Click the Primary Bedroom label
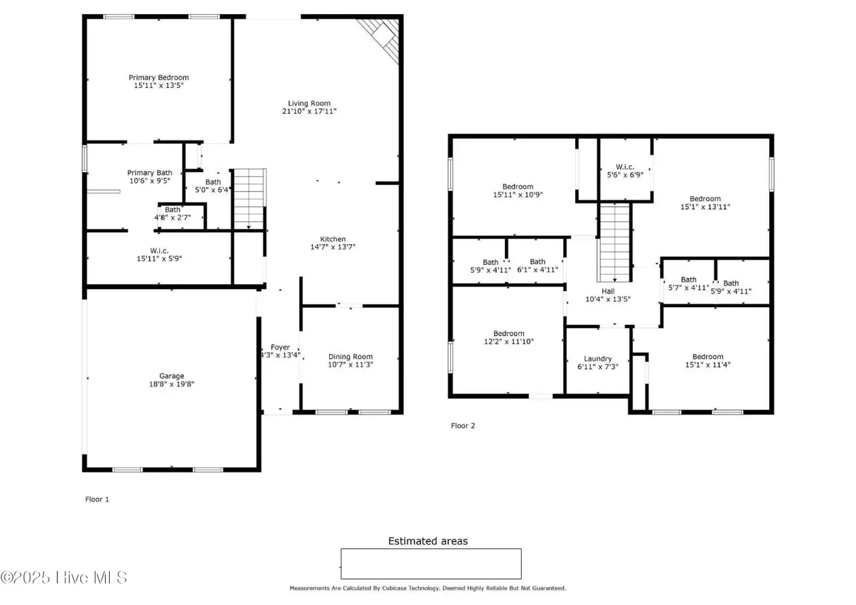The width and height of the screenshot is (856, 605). pos(158,78)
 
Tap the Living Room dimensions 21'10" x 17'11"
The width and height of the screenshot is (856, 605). pos(309,111)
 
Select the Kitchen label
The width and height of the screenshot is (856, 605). pos(333,239)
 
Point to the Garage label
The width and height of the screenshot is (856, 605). pos(172,376)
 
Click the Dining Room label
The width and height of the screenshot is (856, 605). pos(350,357)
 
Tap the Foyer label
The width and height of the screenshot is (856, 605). pos(280,347)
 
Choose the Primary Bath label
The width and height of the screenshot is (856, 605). pos(149,173)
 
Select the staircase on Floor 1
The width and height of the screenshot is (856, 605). pos(249,199)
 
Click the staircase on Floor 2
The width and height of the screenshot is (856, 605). pos(614,242)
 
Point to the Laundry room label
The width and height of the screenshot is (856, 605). pos(598,359)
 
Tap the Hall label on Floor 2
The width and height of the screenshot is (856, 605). pos(608,291)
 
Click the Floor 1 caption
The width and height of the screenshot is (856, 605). pos(97,499)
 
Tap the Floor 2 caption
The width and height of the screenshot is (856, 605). pos(463,426)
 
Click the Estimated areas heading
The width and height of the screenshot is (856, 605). pos(428,541)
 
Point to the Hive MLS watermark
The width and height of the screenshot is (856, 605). pos(64,578)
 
